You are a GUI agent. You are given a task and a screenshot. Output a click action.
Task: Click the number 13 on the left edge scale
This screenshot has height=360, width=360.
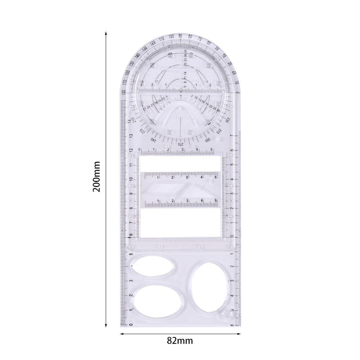click(131, 136)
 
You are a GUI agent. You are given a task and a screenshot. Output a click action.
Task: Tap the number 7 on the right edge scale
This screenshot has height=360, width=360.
click(232, 136)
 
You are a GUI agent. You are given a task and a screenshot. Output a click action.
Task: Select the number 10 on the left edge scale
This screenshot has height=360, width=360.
click(131, 179)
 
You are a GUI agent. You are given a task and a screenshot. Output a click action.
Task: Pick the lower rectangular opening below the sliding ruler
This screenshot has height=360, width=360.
click(180, 223)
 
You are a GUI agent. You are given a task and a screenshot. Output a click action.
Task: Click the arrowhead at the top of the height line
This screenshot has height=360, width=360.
click(106, 33)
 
